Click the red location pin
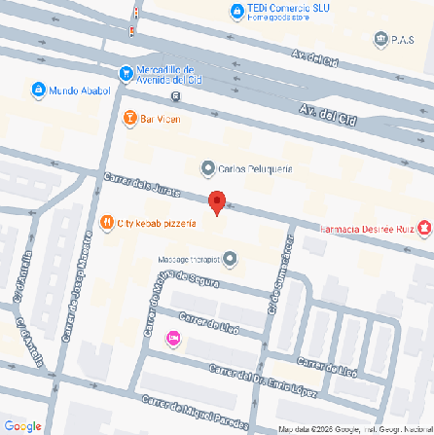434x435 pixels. pyautogui.click(x=218, y=202)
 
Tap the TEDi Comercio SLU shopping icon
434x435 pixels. pyautogui.click(x=236, y=11)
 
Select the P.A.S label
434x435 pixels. pyautogui.click(x=403, y=40)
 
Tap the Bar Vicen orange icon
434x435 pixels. pyautogui.click(x=129, y=119)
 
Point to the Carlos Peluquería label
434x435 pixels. pyautogui.click(x=256, y=168)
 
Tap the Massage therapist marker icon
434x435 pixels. pyautogui.click(x=230, y=260)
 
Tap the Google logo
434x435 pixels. pyautogui.click(x=22, y=425)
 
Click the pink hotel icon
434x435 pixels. pyautogui.click(x=173, y=339)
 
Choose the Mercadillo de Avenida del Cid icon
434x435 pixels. pyautogui.click(x=125, y=72)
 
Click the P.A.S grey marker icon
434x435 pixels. pyautogui.click(x=380, y=40)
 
